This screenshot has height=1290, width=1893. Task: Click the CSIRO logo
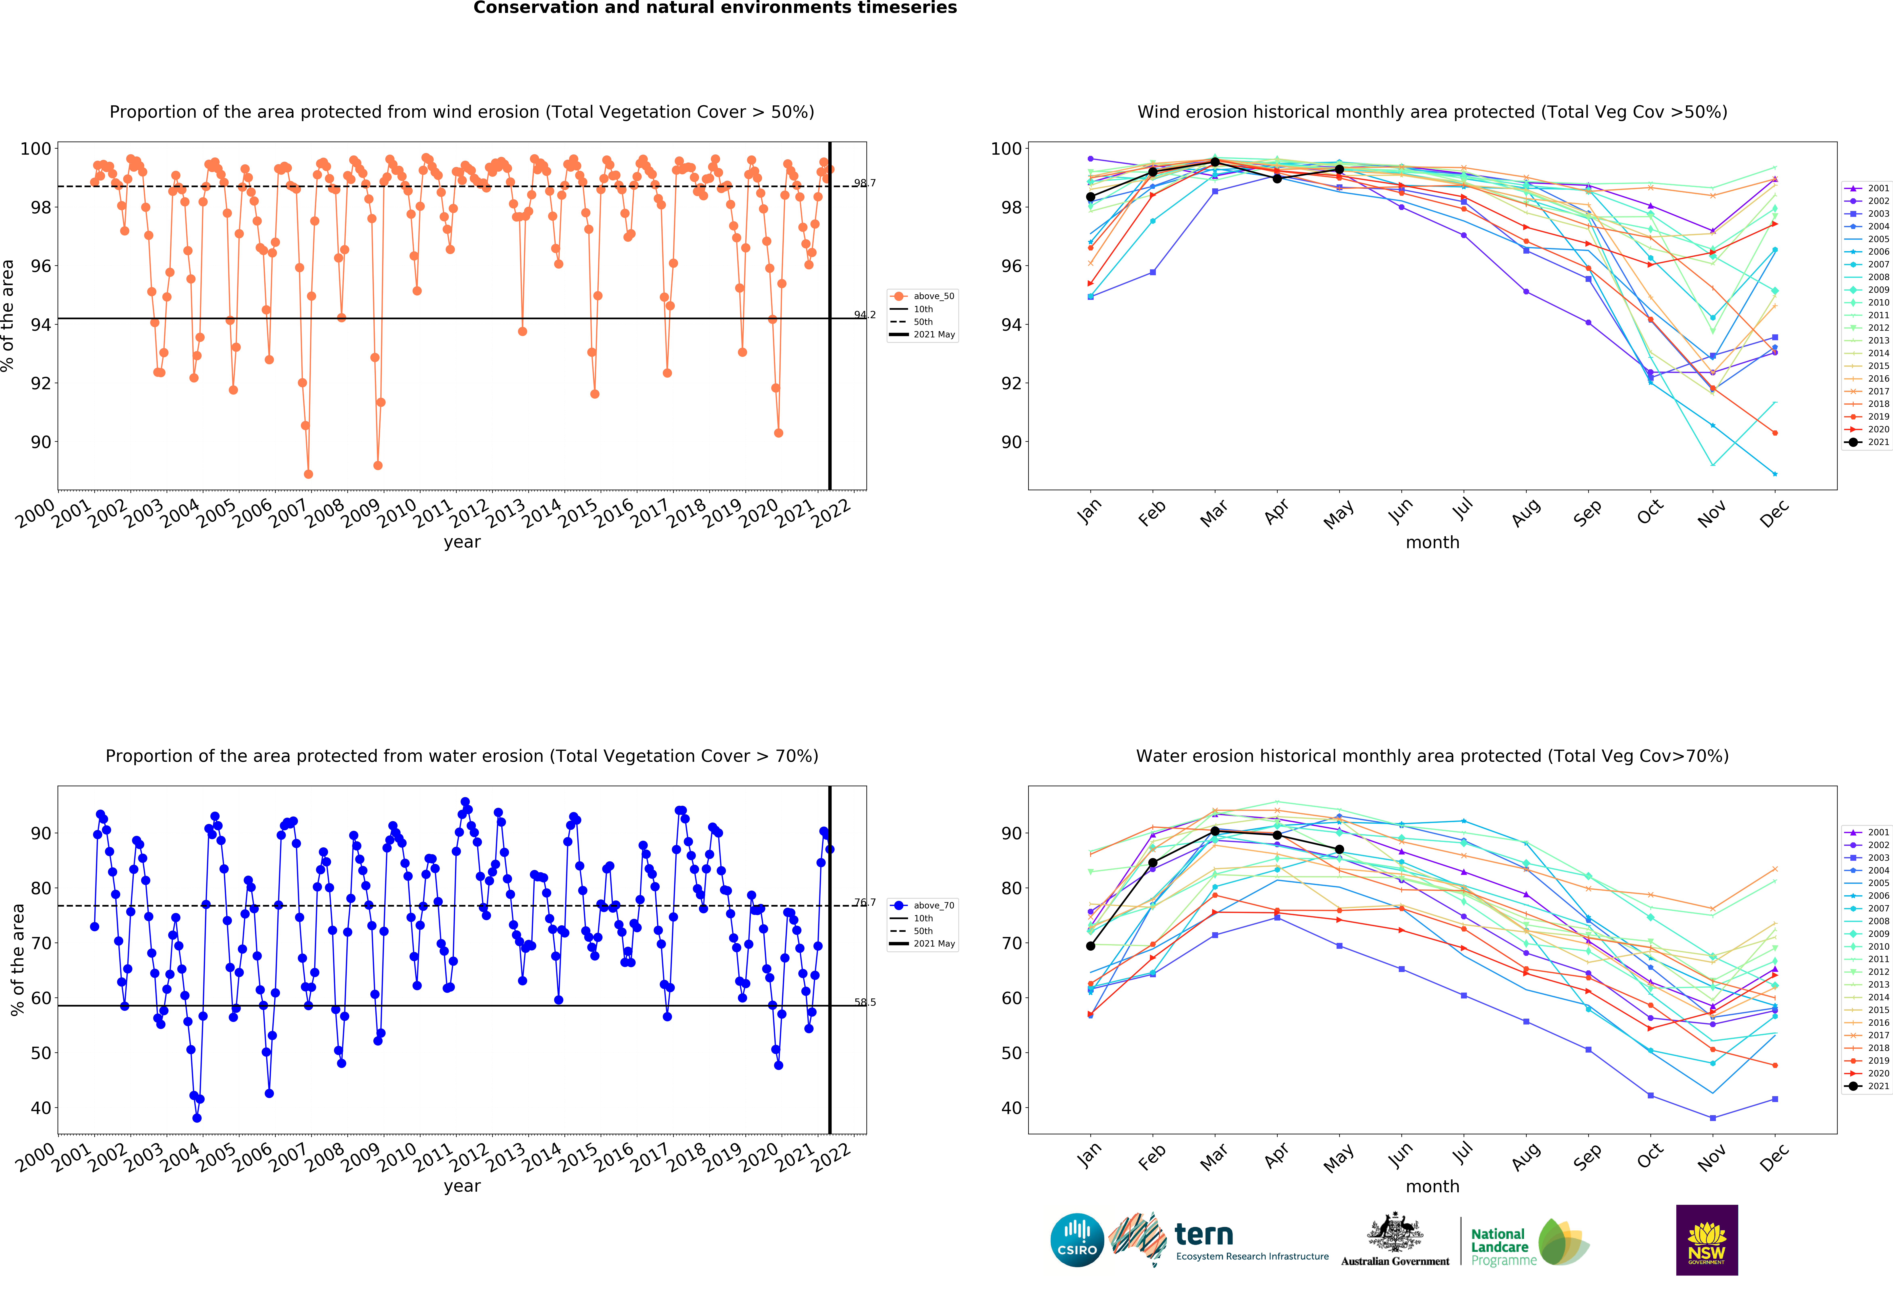coord(1077,1240)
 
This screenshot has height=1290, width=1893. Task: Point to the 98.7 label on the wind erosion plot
coord(864,183)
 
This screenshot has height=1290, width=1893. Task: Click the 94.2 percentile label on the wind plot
coord(864,315)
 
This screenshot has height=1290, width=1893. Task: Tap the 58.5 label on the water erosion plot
coord(864,1002)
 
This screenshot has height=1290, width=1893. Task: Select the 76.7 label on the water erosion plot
coord(864,902)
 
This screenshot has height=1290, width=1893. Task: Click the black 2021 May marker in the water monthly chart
coord(1339,849)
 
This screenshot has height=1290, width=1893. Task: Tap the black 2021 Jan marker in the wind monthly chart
coord(1091,197)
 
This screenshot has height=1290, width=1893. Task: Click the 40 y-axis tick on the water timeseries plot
coord(41,1108)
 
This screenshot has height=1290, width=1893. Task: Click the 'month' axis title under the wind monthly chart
coord(1432,542)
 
